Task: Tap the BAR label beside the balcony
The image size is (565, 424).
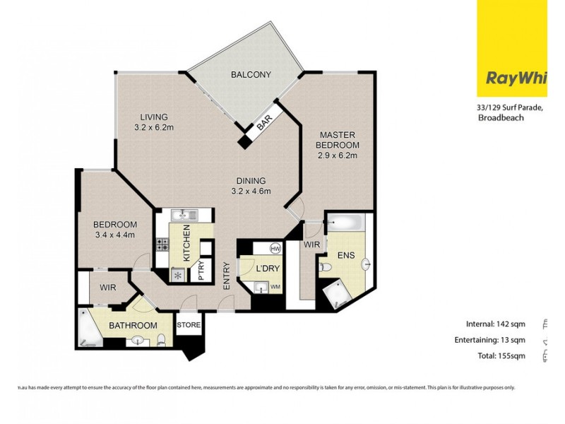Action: (264, 122)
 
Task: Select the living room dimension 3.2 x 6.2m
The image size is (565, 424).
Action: (153, 128)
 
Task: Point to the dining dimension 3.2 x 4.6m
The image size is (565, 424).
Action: (251, 191)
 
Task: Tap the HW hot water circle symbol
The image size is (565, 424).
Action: (275, 249)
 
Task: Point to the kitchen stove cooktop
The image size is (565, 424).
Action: (162, 245)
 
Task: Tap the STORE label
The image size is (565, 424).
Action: (189, 326)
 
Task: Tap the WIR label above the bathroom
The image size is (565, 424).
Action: (108, 288)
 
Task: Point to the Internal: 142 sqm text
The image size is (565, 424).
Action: (496, 324)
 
